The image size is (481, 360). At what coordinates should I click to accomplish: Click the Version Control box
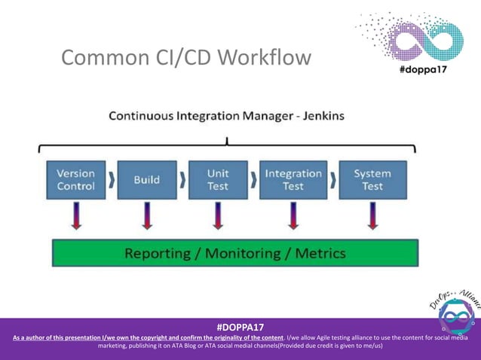coord(75,180)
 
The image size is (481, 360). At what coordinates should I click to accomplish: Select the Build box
coord(146,180)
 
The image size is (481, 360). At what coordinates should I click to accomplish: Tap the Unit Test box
coord(218,180)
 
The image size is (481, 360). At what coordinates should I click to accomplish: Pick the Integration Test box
coord(293,180)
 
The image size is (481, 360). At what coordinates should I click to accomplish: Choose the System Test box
coord(372,180)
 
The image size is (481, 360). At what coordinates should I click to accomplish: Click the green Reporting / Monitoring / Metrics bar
coord(234,253)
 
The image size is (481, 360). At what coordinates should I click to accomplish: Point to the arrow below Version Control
coord(75,216)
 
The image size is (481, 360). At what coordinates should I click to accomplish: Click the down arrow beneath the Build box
coord(146,216)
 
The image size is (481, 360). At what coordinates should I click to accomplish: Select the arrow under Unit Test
coord(218,216)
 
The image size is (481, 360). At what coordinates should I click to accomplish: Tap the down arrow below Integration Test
coord(293,216)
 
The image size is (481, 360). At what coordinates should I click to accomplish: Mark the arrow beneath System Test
coord(372,216)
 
